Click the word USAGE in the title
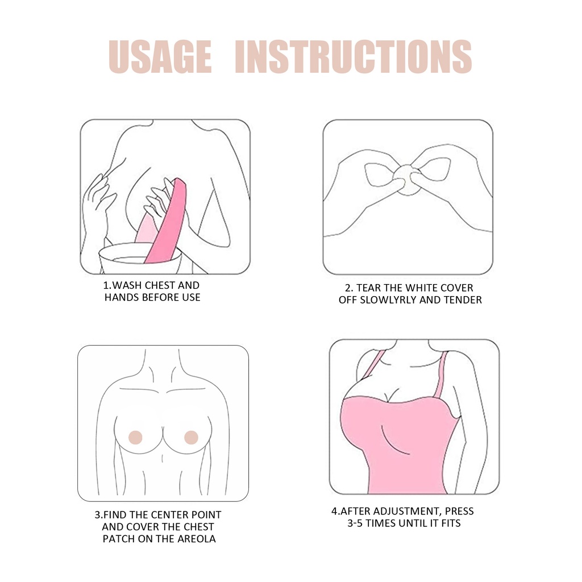tap(160, 57)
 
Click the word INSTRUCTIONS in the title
tap(354, 57)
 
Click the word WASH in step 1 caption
tap(127, 285)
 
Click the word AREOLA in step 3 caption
tap(197, 539)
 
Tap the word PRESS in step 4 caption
tap(459, 511)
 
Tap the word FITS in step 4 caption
tap(450, 523)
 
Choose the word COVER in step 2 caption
tap(456, 288)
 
